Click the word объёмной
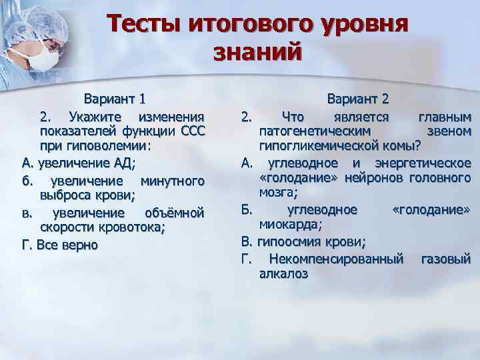[173, 213]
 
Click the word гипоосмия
[291, 241]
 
